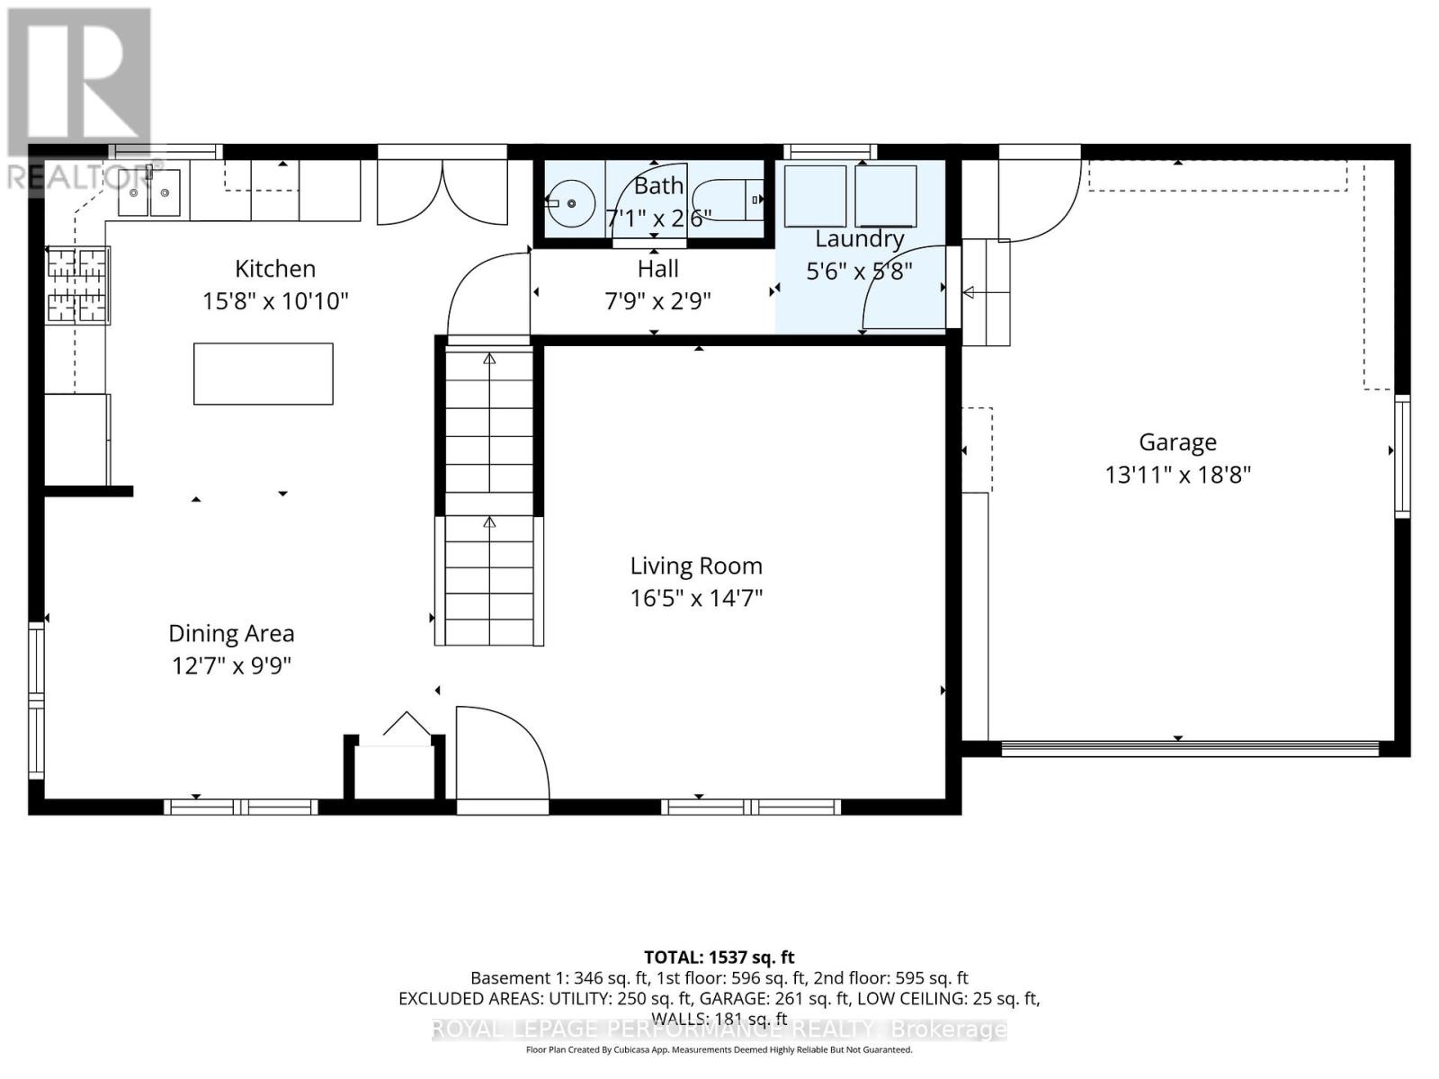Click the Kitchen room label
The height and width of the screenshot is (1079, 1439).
tap(275, 268)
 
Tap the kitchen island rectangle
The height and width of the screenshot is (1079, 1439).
tap(263, 373)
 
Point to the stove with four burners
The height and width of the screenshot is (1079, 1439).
tap(77, 285)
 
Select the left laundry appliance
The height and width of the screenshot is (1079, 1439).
tap(815, 196)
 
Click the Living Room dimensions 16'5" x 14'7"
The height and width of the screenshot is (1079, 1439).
tap(696, 598)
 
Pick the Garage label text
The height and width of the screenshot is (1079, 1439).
tap(1177, 441)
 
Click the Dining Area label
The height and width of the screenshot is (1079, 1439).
tap(231, 633)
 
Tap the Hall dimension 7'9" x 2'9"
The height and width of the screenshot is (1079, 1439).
tap(657, 300)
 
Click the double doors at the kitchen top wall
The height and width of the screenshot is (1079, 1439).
tap(442, 192)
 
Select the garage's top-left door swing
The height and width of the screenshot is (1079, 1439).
tap(1039, 201)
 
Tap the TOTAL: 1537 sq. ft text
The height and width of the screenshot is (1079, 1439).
tap(719, 958)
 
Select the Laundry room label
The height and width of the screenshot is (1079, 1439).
tap(859, 238)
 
